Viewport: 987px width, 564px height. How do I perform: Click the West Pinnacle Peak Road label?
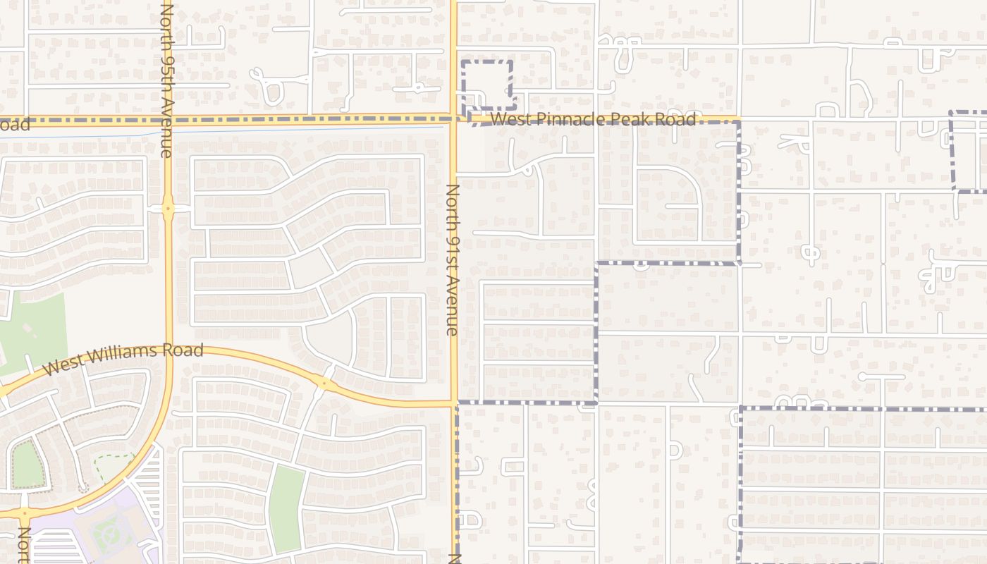pyautogui.click(x=593, y=119)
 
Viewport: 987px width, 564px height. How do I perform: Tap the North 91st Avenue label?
pyautogui.click(x=453, y=259)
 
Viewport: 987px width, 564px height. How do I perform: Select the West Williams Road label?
pyautogui.click(x=123, y=359)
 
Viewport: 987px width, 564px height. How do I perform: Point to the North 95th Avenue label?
pyautogui.click(x=166, y=79)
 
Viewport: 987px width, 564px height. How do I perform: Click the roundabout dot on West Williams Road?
pyautogui.click(x=324, y=384)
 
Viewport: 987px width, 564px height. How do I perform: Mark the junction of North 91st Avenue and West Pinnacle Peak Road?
pyautogui.click(x=453, y=119)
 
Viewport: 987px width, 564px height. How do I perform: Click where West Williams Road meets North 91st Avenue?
pyautogui.click(x=453, y=404)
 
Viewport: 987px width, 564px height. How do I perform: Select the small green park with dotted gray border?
pyautogui.click(x=27, y=465)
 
